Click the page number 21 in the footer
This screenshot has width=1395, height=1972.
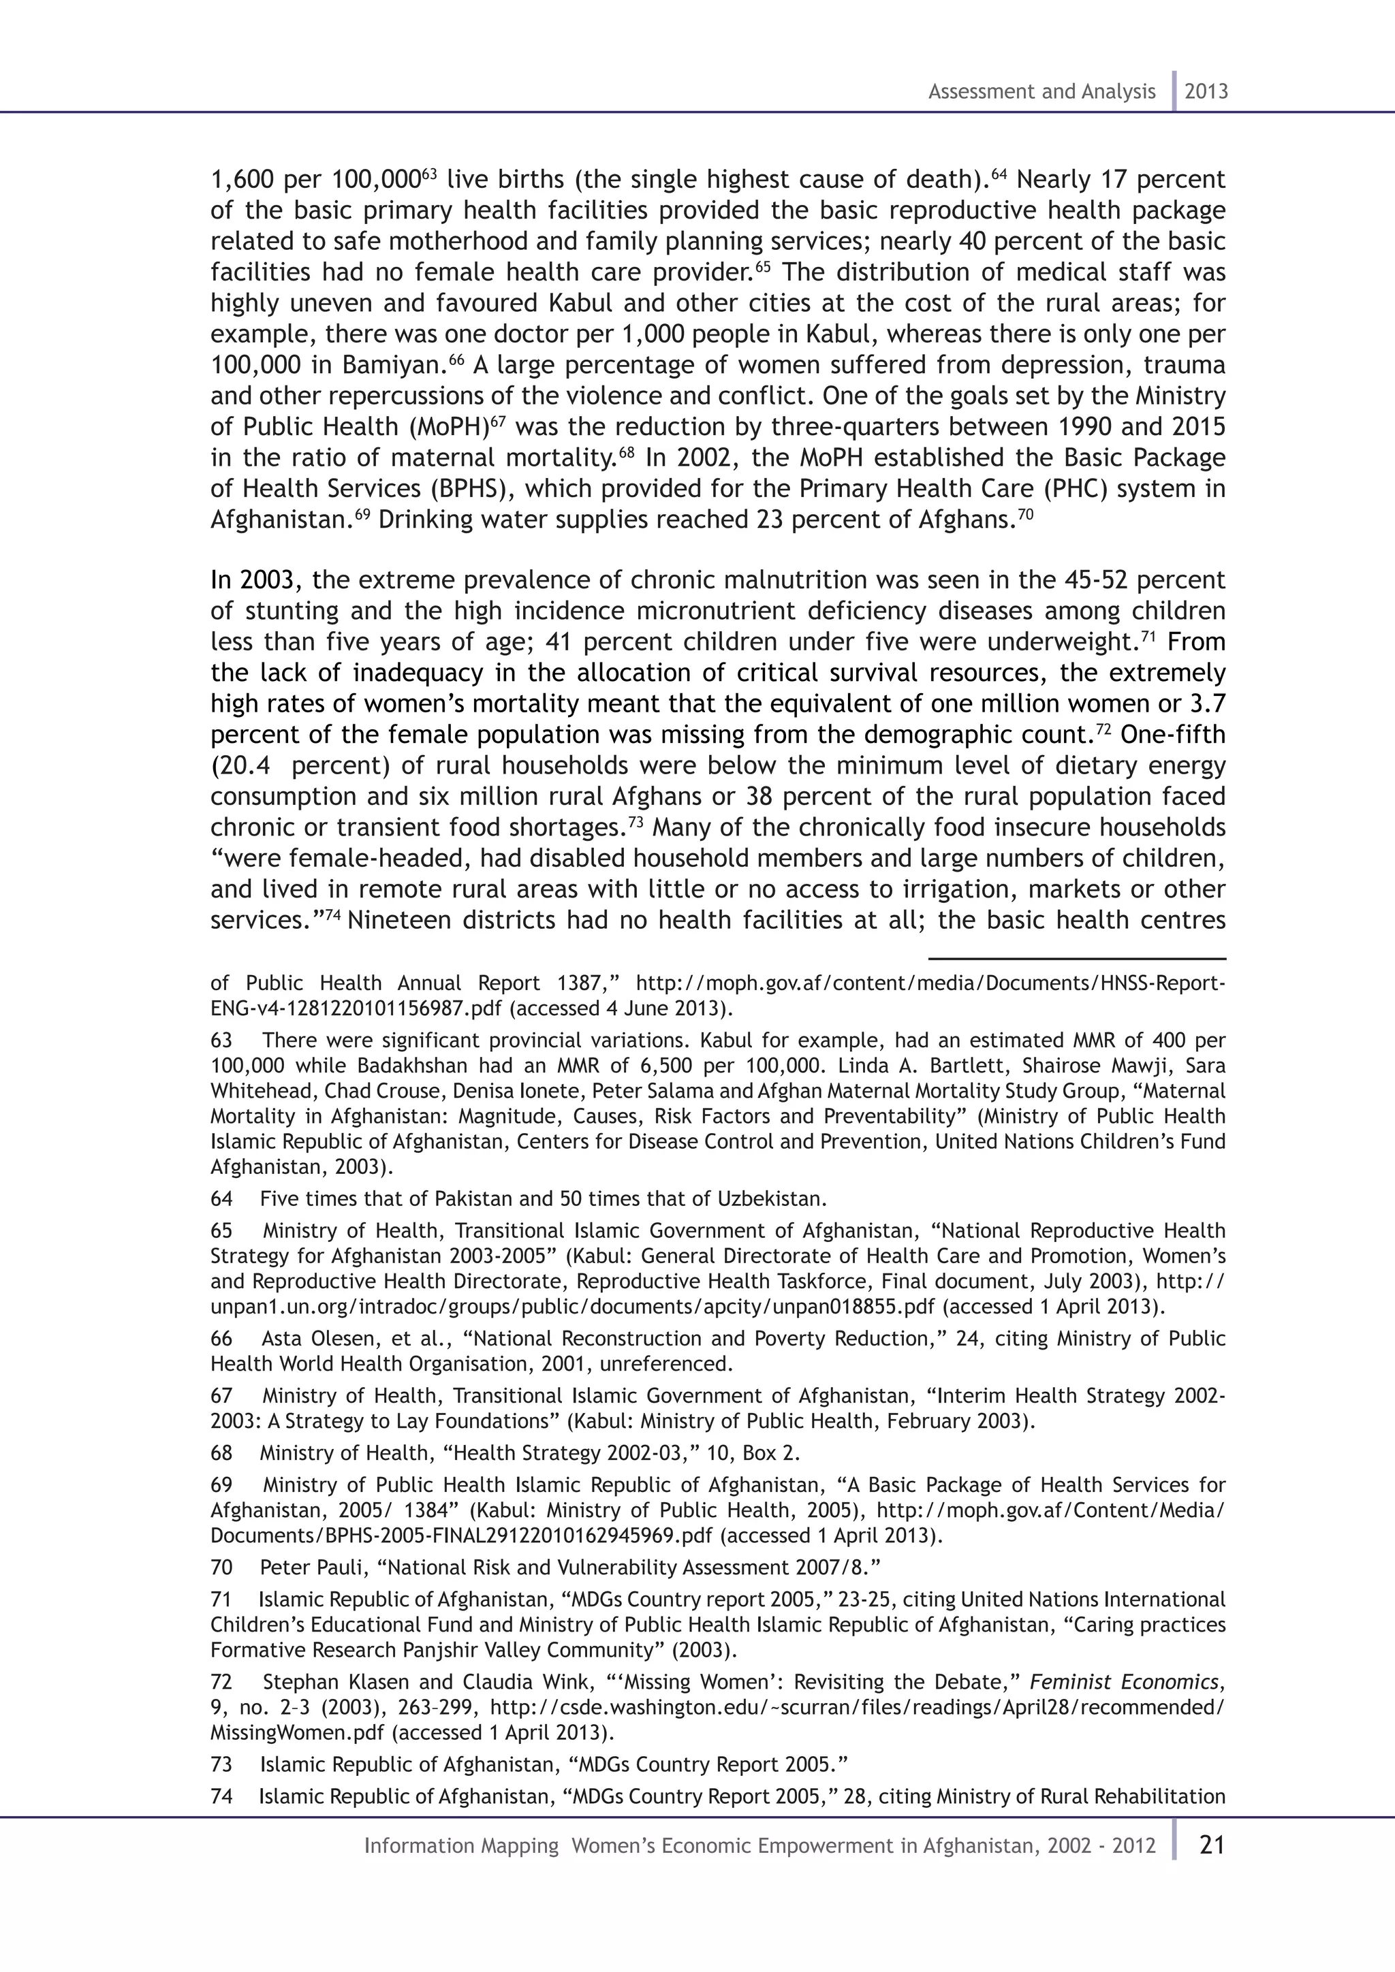1211,1845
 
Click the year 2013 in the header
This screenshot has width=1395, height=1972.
1206,92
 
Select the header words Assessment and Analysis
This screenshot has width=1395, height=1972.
1041,92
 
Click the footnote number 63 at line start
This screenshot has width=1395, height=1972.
221,1040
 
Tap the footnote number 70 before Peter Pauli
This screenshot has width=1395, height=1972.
221,1568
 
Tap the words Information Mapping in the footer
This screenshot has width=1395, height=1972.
461,1846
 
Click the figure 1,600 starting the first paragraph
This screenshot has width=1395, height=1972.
242,180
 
